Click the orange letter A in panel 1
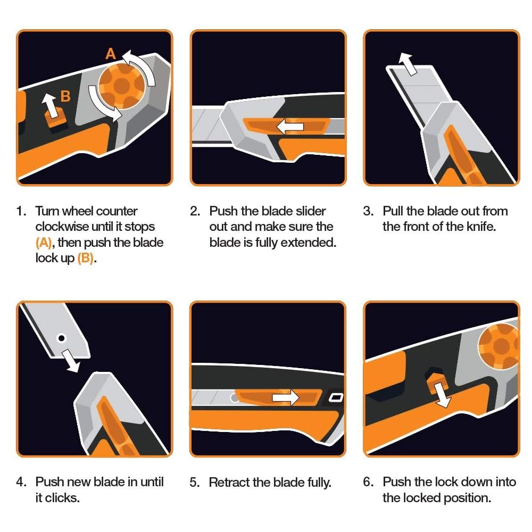coord(111,54)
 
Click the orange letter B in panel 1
coord(65,96)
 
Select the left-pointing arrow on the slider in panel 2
coord(289,127)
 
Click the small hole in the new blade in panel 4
coord(62,338)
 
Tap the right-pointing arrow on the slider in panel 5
coord(286,397)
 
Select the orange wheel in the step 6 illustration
coord(500,346)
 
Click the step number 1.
coord(21,211)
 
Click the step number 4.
coord(21,482)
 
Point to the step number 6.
coord(369,482)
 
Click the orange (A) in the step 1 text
coord(44,243)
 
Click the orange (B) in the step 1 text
coord(86,259)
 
